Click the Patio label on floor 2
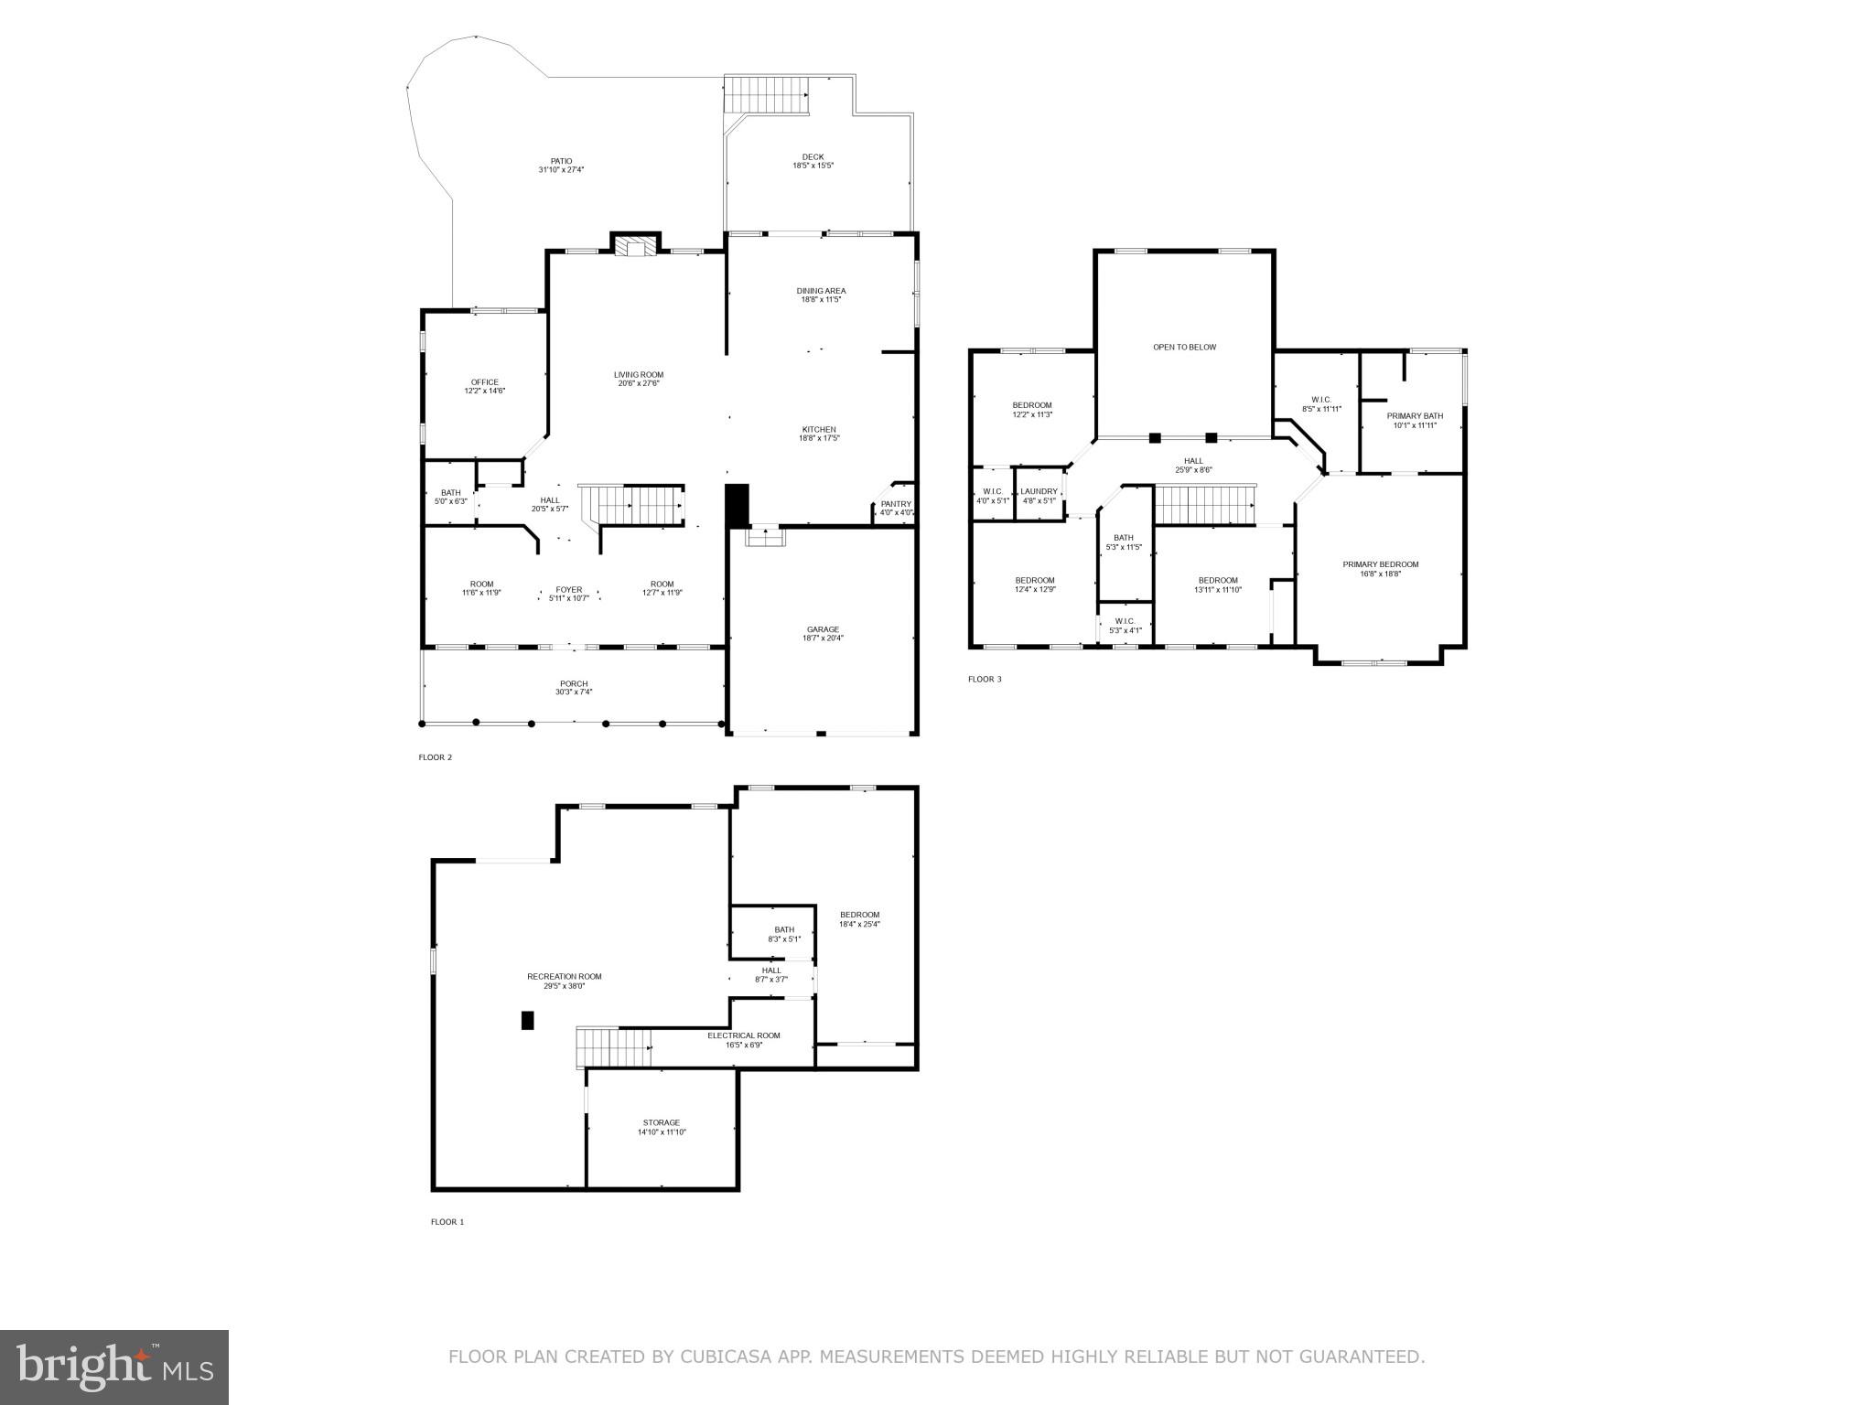[561, 166]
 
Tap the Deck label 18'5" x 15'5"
[813, 162]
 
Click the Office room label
[484, 386]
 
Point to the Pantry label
[896, 508]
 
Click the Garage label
[823, 633]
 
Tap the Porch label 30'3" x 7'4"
[574, 688]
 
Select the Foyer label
[568, 594]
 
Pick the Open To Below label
[1184, 348]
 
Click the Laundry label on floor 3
[1039, 496]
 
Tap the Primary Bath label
[1415, 420]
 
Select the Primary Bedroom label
[1380, 569]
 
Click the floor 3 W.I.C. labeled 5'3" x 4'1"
[1125, 626]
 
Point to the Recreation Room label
[565, 981]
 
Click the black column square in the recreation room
[527, 1020]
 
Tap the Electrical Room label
[743, 1039]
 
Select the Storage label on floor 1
[661, 1127]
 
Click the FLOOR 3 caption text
[985, 680]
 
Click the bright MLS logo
[114, 1367]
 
